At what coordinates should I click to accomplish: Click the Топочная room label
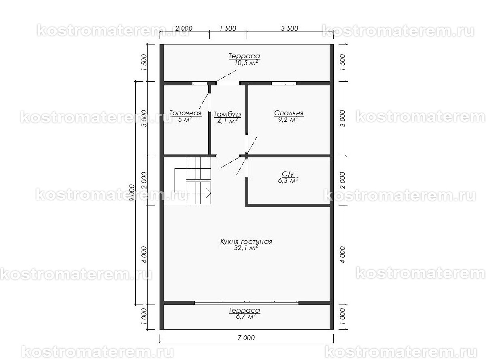click(185, 113)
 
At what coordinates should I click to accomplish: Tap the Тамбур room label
click(227, 114)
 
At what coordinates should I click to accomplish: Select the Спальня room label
click(289, 113)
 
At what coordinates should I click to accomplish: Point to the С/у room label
click(288, 174)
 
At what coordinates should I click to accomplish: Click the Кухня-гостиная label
click(246, 241)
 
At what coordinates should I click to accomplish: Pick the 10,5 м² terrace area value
click(246, 63)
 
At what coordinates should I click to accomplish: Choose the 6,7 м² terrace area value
click(246, 317)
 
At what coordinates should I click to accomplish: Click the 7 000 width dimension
click(246, 338)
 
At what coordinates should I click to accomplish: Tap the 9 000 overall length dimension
click(132, 193)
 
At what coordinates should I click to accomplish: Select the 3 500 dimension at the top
click(290, 28)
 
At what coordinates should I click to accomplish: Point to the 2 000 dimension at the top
click(184, 28)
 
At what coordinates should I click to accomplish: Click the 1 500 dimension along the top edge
click(228, 28)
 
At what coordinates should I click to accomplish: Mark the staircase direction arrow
click(208, 193)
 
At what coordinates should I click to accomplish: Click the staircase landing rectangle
click(181, 181)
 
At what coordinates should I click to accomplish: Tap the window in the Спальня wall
click(284, 83)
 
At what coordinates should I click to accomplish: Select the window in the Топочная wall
click(200, 83)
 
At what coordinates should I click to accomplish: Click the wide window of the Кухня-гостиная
click(246, 303)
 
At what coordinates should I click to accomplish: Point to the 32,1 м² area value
click(246, 248)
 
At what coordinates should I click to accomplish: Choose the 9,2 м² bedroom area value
click(288, 119)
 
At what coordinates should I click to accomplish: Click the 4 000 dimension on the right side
click(342, 255)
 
